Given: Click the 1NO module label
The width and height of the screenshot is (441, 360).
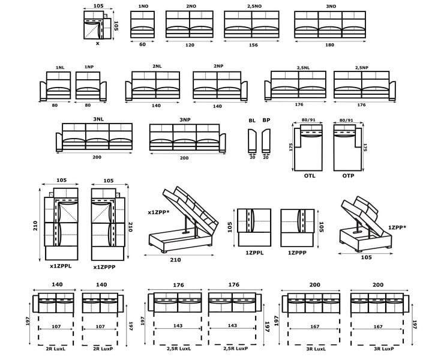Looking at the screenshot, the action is pyautogui.click(x=143, y=6).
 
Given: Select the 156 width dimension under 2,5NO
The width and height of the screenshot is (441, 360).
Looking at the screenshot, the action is pyautogui.click(x=253, y=45).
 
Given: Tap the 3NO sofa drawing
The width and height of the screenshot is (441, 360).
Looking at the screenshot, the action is pyautogui.click(x=330, y=25).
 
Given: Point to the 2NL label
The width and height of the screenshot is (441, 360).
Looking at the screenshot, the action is pyautogui.click(x=157, y=67).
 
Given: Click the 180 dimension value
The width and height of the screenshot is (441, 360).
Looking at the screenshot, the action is pyautogui.click(x=329, y=45).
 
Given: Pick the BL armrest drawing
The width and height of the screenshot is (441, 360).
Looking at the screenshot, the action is pyautogui.click(x=252, y=140).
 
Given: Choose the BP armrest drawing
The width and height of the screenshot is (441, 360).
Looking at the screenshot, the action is pyautogui.click(x=266, y=140).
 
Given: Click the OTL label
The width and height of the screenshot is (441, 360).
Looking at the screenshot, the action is pyautogui.click(x=310, y=176).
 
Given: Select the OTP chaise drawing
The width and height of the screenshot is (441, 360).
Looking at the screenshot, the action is pyautogui.click(x=347, y=148).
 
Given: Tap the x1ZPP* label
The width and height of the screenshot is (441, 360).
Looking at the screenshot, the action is pyautogui.click(x=158, y=212).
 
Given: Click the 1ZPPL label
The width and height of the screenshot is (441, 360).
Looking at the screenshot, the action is pyautogui.click(x=254, y=253).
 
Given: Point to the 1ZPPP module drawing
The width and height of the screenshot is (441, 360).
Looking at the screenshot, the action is pyautogui.click(x=297, y=227).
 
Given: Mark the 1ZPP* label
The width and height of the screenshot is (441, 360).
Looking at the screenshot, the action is pyautogui.click(x=397, y=227).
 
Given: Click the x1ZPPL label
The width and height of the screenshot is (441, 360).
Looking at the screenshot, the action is pyautogui.click(x=61, y=266).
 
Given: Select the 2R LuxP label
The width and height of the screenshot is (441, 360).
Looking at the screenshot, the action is pyautogui.click(x=103, y=349).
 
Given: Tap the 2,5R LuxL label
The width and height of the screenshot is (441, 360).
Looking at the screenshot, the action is pyautogui.click(x=179, y=349).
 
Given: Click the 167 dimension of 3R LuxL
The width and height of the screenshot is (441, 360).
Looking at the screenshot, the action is pyautogui.click(x=315, y=326).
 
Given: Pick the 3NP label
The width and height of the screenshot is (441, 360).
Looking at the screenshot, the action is pyautogui.click(x=185, y=120).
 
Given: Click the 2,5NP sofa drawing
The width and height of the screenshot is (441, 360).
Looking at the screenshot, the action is pyautogui.click(x=365, y=85).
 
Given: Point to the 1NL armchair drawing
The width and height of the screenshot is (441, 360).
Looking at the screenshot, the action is pyautogui.click(x=55, y=86).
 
